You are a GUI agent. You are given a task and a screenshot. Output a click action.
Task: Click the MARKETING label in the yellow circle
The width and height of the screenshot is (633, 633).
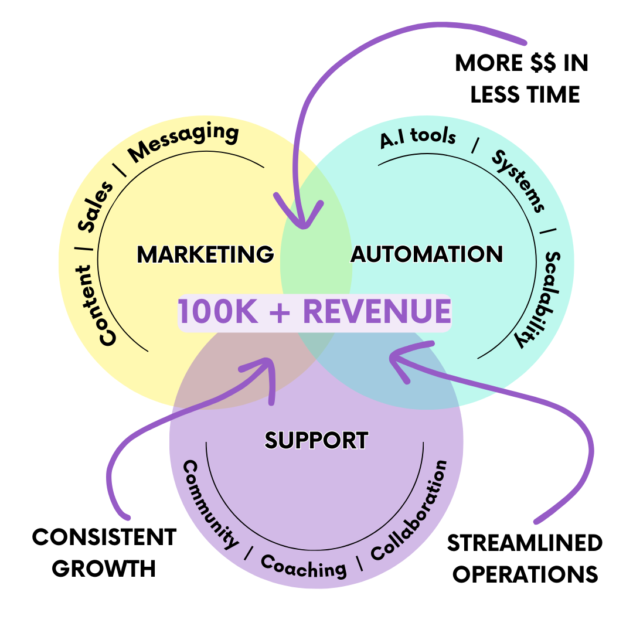click(x=205, y=254)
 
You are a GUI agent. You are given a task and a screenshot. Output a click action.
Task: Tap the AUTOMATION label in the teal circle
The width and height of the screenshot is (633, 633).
click(x=427, y=254)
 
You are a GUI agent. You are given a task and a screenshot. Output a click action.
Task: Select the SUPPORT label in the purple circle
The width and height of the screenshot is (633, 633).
click(x=316, y=440)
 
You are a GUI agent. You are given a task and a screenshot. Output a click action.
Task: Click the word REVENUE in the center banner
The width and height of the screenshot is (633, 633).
click(x=376, y=312)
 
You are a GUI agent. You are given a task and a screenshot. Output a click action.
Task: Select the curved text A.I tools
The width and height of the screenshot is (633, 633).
click(x=417, y=137)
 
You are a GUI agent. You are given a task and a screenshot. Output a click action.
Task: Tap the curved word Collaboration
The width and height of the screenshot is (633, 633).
click(x=411, y=509)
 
